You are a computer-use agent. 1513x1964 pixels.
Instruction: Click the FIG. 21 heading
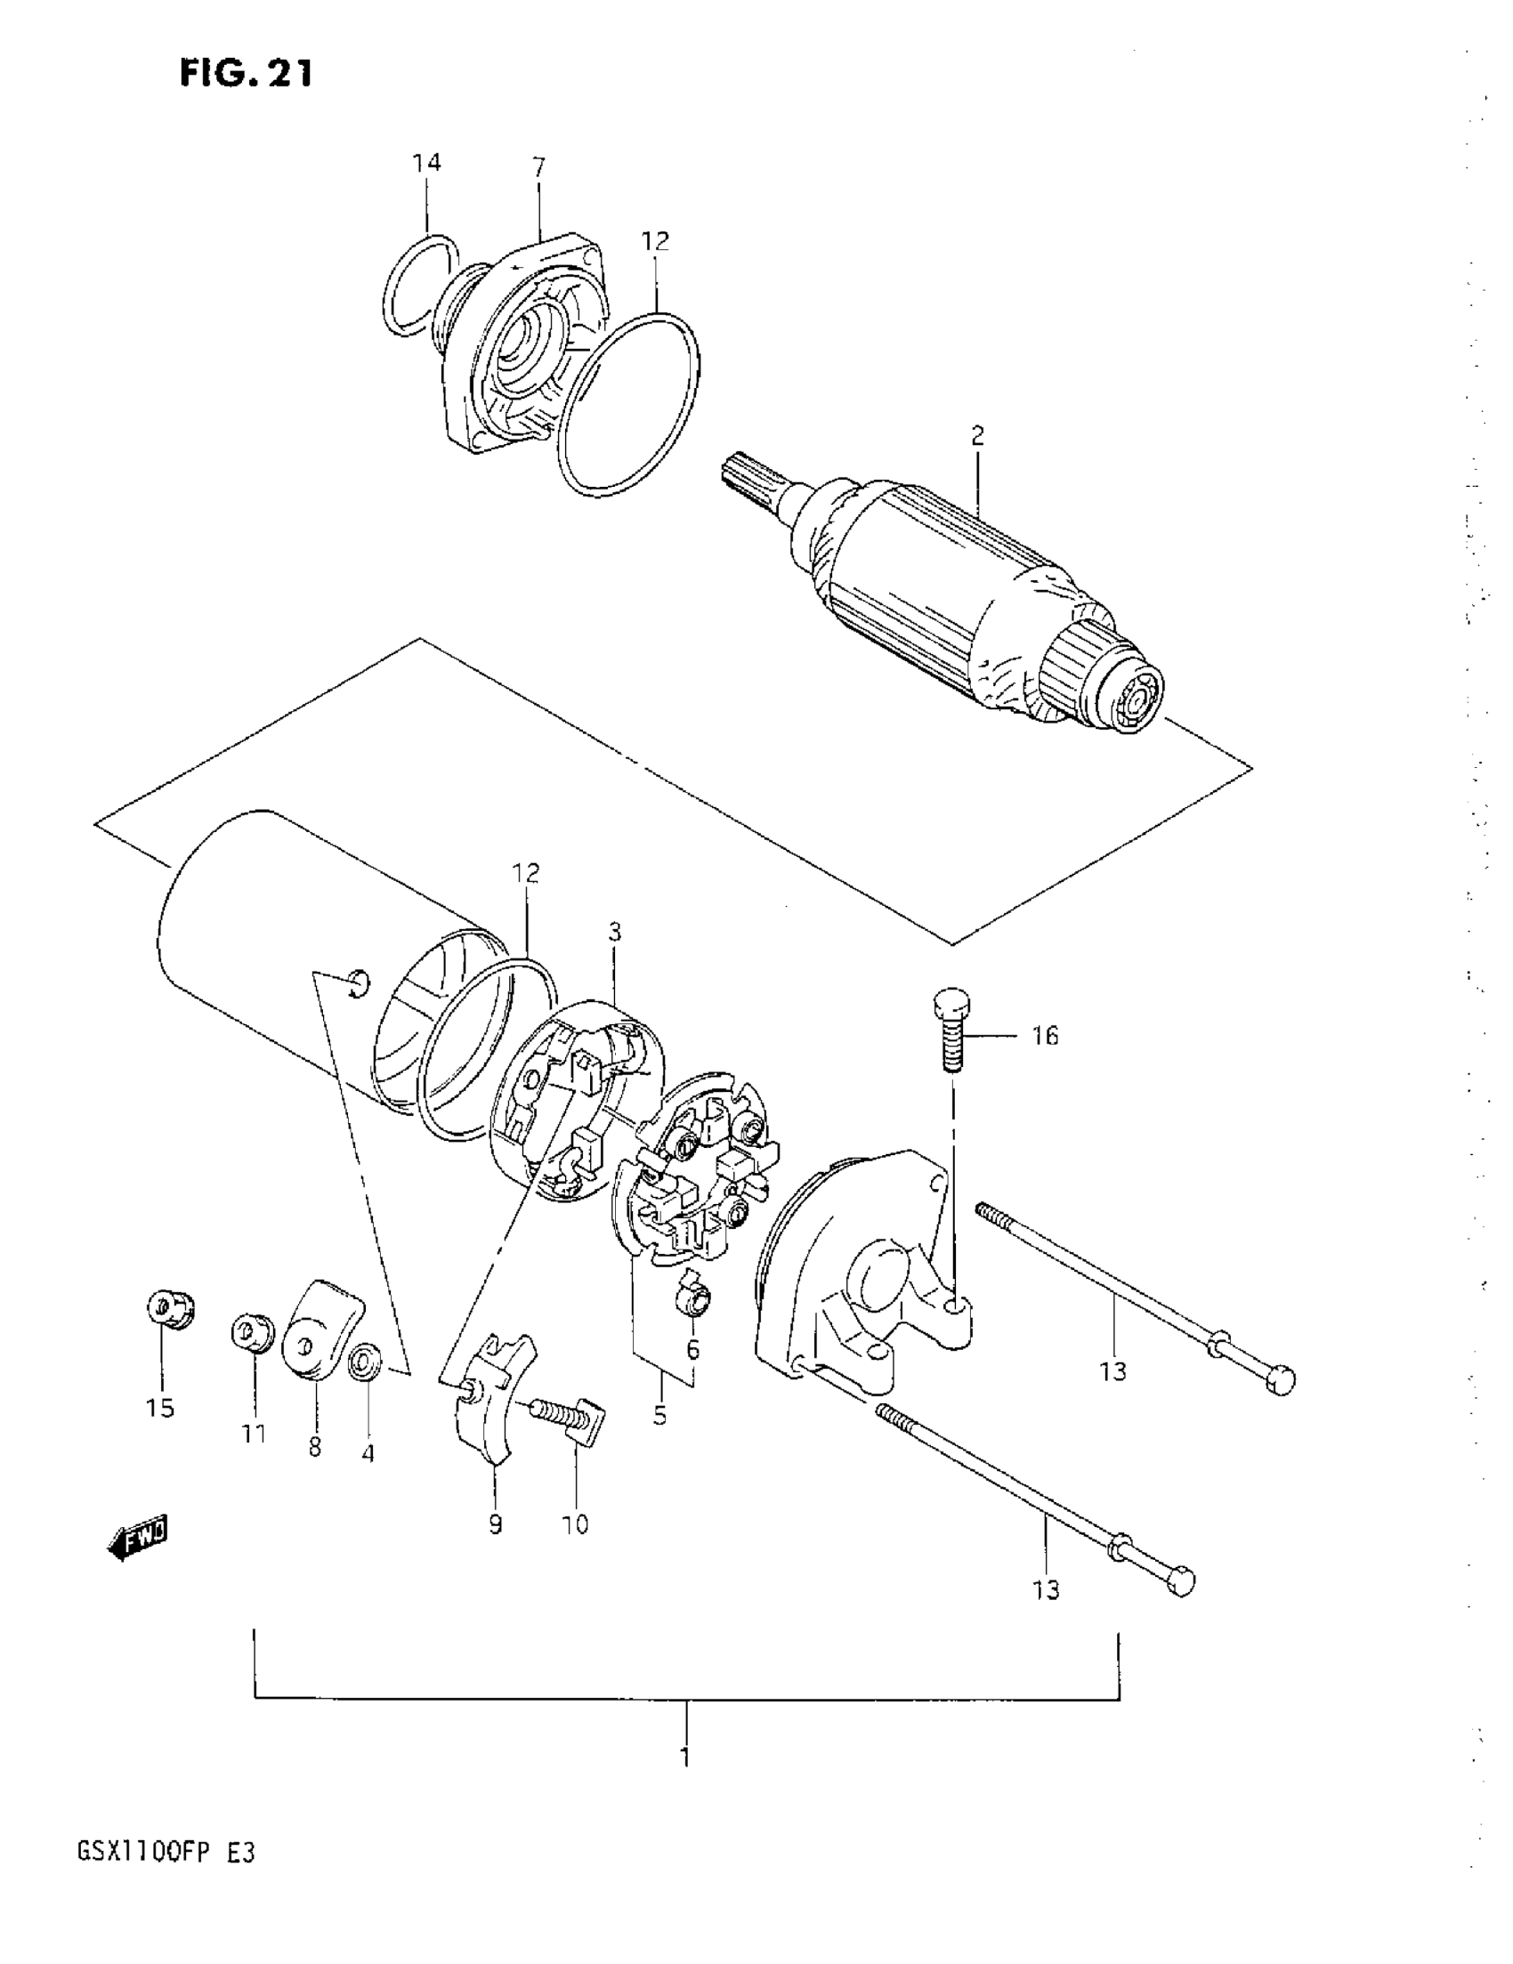coord(246,73)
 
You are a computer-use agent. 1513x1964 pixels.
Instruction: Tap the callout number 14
coord(426,163)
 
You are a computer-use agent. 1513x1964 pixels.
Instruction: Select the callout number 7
coord(538,166)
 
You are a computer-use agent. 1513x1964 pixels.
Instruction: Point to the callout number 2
coord(978,436)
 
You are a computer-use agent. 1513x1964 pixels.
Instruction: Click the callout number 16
coord(1044,1036)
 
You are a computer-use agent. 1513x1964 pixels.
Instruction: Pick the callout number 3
coord(614,931)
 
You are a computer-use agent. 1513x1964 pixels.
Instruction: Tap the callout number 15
coord(160,1408)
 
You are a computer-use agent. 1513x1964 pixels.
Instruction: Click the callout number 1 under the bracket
coord(685,1757)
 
